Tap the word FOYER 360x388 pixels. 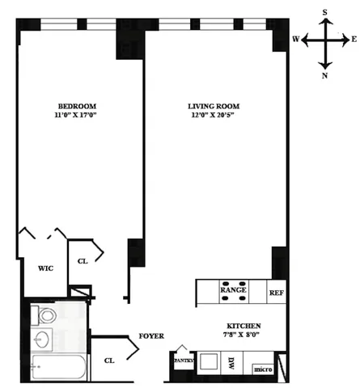click(x=152, y=335)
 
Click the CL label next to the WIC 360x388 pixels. click(x=83, y=261)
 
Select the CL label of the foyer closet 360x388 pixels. click(x=108, y=361)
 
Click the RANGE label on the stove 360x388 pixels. click(x=234, y=289)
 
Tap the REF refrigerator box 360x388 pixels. click(x=277, y=292)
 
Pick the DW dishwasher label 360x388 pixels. click(x=231, y=363)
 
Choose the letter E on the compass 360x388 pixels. click(x=353, y=38)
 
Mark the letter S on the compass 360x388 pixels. click(x=325, y=11)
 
